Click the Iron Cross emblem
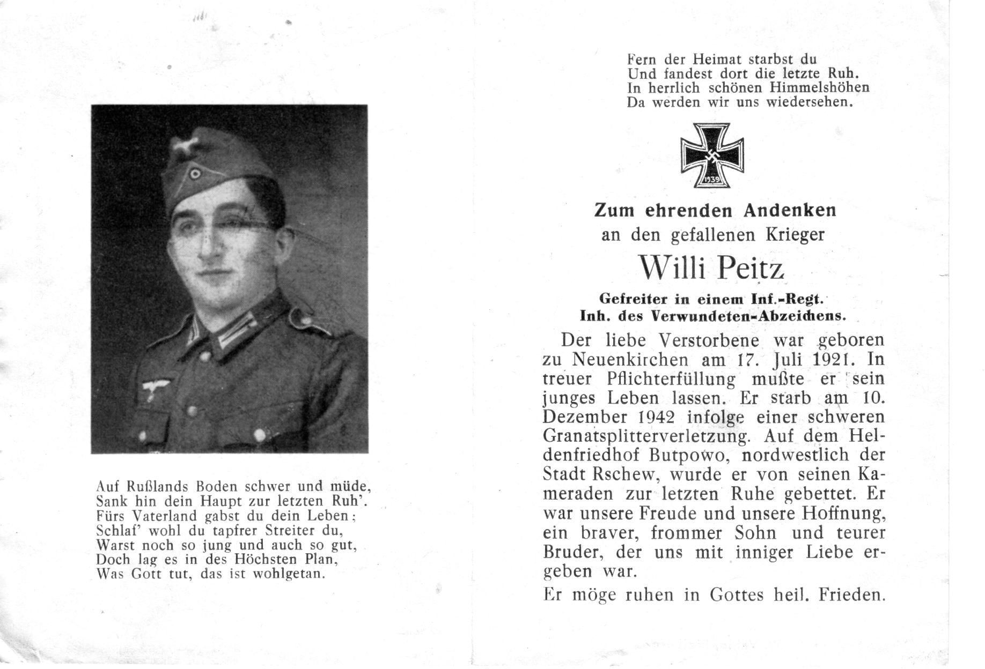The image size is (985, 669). coord(712,155)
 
